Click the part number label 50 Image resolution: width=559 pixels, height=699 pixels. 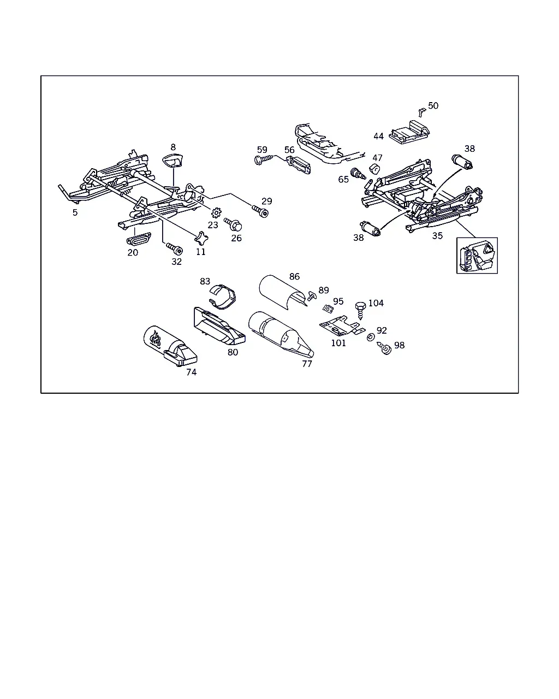point(433,105)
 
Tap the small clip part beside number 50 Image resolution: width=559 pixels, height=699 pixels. point(421,112)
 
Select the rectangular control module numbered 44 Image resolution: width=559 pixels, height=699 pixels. point(409,132)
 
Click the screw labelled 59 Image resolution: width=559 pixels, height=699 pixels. point(264,159)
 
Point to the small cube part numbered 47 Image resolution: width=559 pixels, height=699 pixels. point(375,169)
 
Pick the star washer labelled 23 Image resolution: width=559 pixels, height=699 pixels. point(216,213)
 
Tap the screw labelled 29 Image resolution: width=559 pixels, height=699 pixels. point(260,211)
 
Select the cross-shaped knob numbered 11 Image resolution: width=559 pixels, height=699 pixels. point(201,239)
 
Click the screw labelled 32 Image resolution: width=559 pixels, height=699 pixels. point(175,248)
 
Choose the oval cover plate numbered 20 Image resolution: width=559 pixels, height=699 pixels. point(138,239)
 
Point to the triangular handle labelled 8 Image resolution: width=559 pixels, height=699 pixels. point(173,160)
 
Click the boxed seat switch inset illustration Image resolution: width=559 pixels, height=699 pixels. point(477,256)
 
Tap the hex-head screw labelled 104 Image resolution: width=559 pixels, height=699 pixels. point(360,310)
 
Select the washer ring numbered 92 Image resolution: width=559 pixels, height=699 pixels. point(370,337)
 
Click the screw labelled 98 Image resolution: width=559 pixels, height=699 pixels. point(384,348)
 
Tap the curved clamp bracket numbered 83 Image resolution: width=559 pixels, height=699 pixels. point(222,296)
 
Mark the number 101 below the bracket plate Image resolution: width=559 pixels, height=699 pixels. point(338,343)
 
